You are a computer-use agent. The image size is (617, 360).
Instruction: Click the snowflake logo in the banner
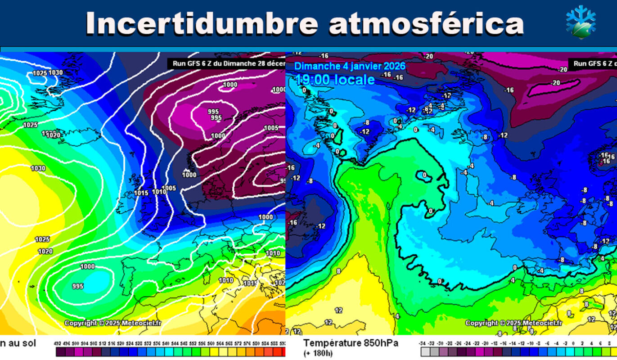click(581, 22)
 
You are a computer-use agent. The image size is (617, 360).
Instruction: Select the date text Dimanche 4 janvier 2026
click(350, 66)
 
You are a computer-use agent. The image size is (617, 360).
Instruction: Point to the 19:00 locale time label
click(335, 80)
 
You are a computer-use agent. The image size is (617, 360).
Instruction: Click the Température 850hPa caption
click(351, 343)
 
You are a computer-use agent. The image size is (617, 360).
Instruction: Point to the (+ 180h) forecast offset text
click(318, 353)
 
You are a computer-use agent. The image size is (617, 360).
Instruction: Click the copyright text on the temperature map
click(513, 323)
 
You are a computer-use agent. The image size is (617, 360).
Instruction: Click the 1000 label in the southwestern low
click(87, 266)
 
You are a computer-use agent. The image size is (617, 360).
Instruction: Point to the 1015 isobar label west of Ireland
click(141, 193)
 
